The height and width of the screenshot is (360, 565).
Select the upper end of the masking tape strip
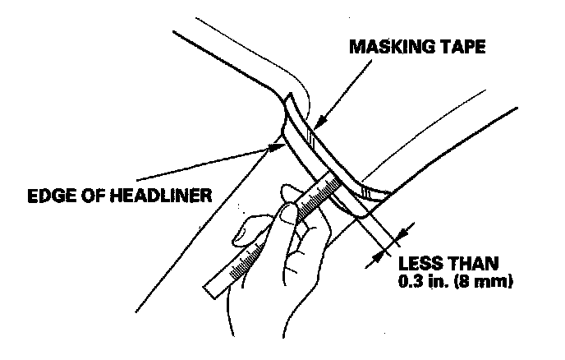pos(289,102)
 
